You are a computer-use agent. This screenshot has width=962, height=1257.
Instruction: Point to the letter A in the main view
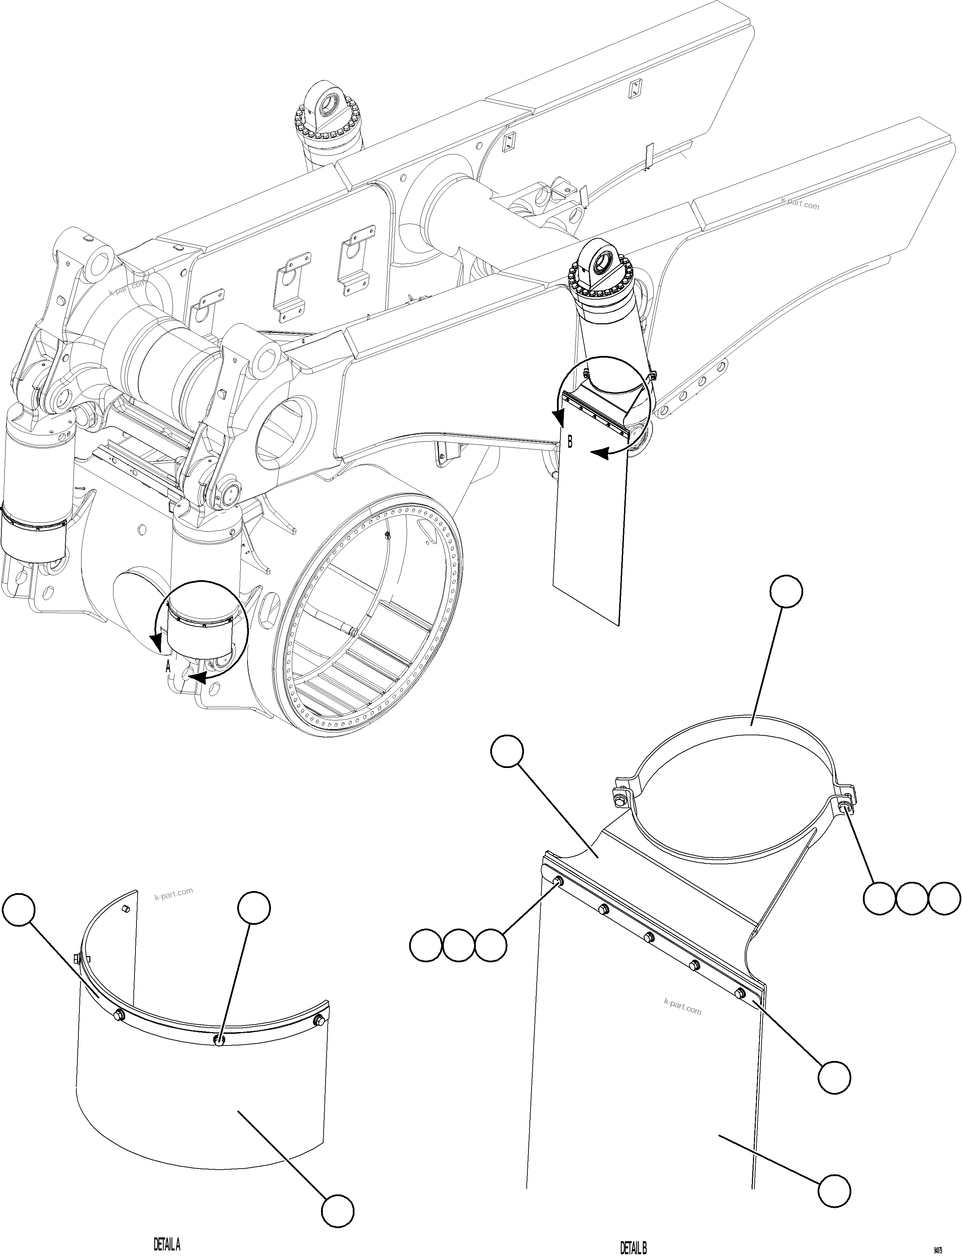(168, 667)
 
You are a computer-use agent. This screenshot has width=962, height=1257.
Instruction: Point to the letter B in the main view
(570, 442)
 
